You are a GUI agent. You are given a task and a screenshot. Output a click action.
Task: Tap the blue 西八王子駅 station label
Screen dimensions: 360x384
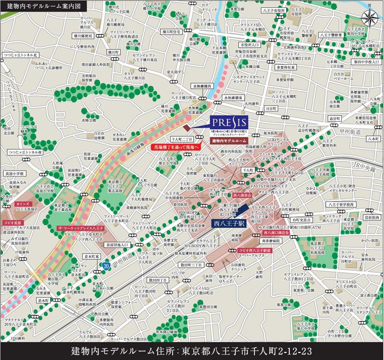click(229, 222)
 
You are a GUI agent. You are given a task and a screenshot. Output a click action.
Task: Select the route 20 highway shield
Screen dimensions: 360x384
click(106, 266)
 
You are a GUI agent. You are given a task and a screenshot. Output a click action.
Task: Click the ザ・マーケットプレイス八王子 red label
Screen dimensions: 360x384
click(81, 228)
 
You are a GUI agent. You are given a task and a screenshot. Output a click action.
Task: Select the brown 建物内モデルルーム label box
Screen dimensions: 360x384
click(229, 141)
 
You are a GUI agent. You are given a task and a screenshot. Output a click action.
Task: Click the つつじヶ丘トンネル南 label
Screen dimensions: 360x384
click(25, 152)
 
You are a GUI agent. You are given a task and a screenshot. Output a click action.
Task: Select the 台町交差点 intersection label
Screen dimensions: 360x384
click(301, 220)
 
